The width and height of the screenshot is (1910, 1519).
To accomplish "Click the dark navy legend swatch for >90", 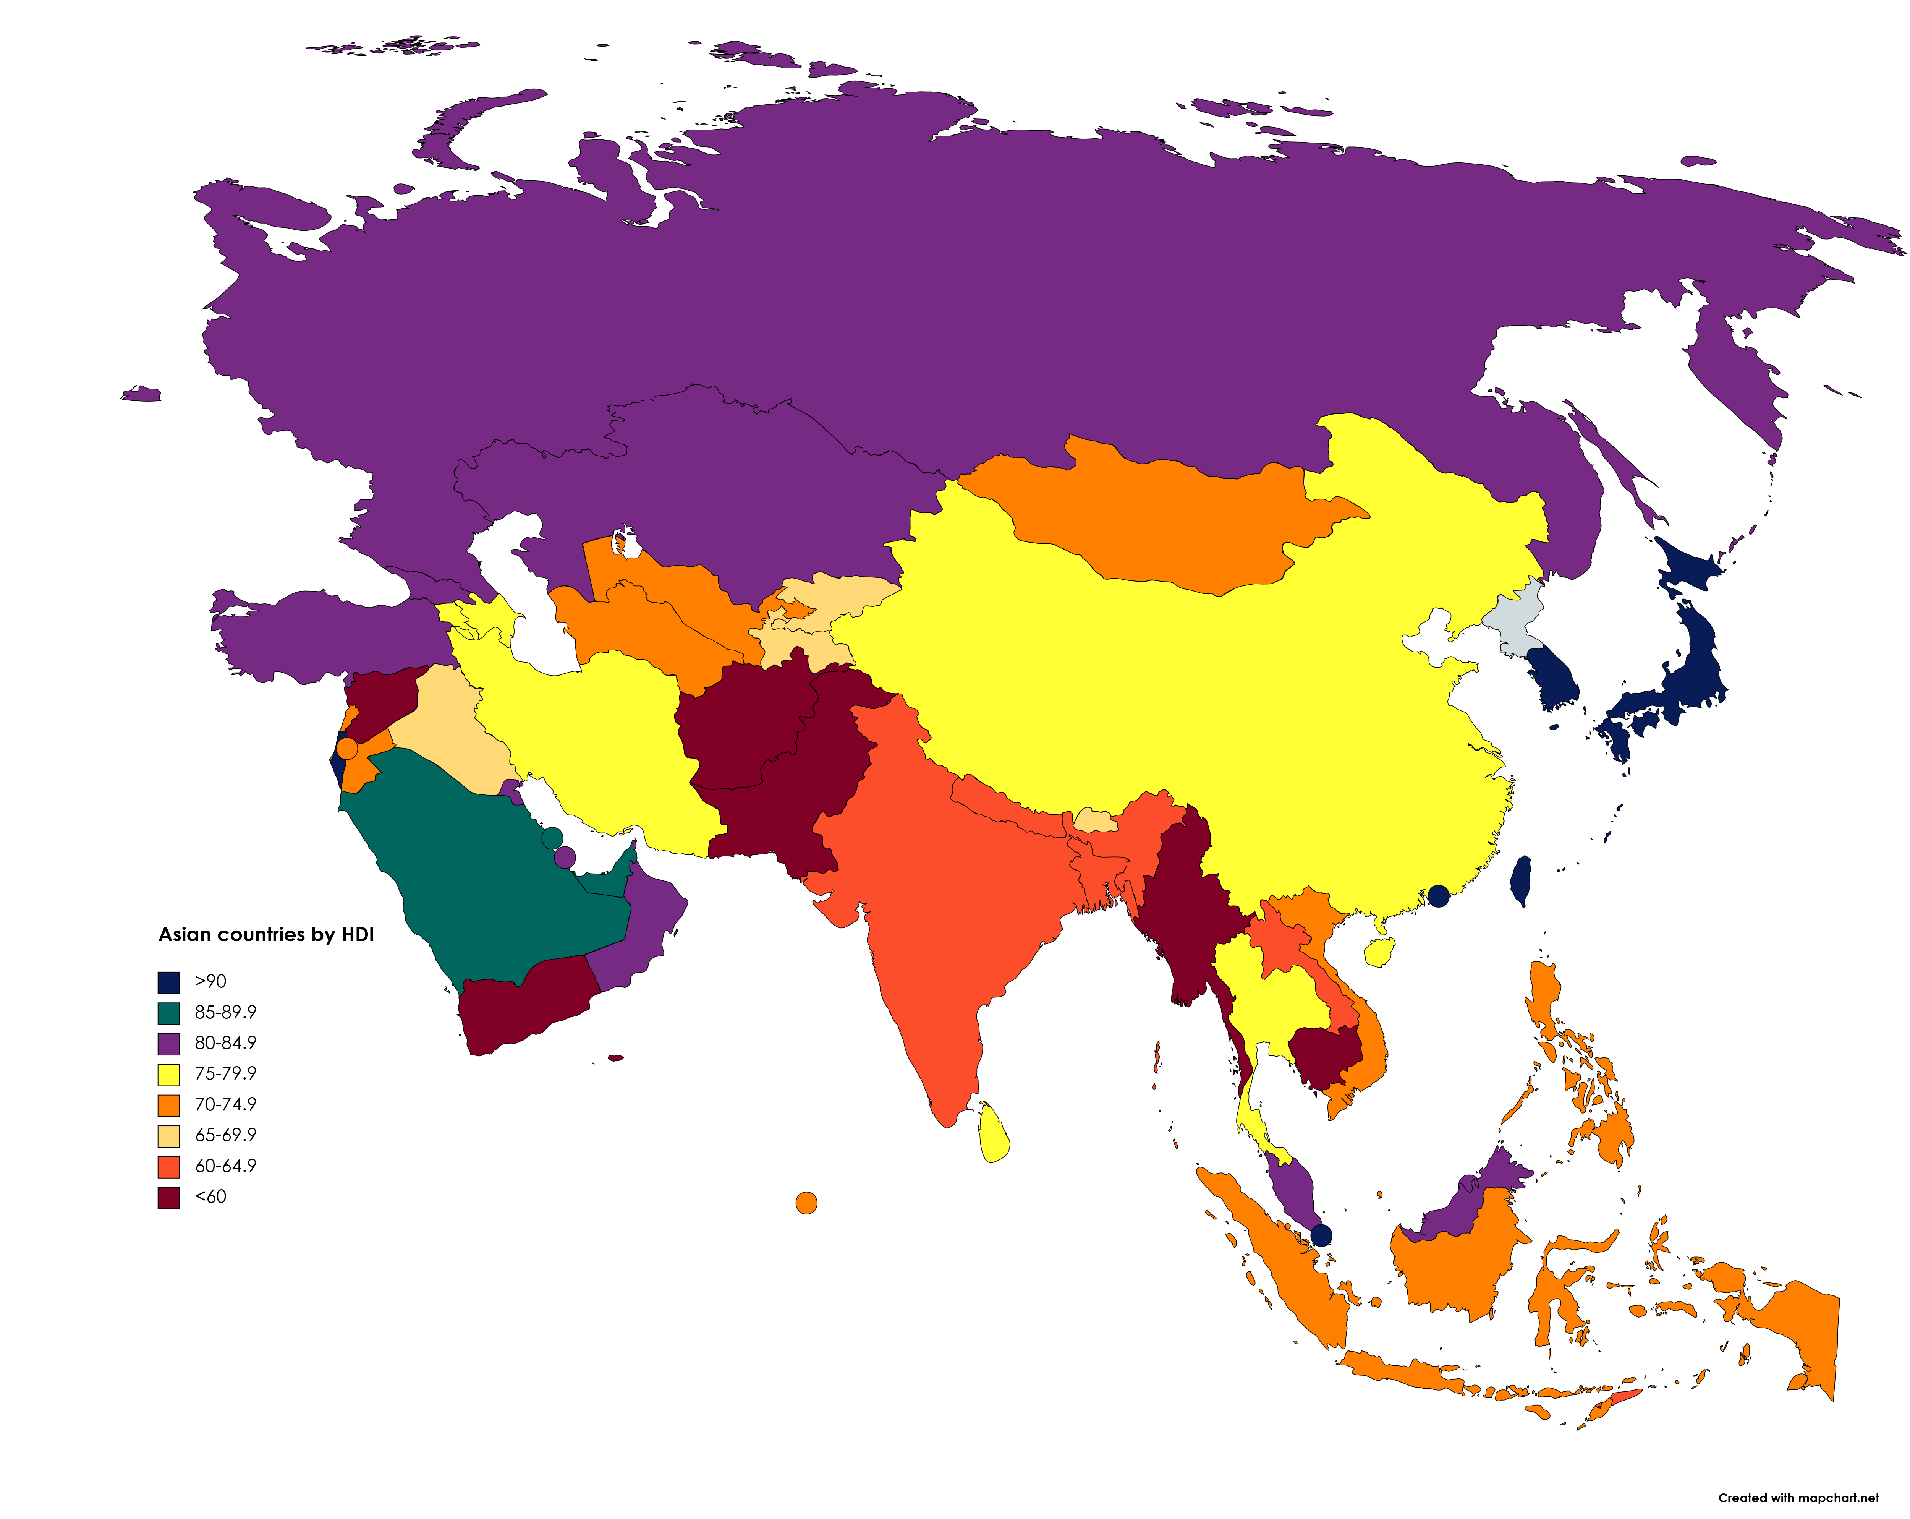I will [168, 982].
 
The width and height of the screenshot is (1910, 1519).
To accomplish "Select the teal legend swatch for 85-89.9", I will [168, 1013].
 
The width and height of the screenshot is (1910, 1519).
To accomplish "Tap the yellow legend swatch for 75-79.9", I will [168, 1074].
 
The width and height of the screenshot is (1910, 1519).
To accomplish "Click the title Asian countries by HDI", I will [266, 935].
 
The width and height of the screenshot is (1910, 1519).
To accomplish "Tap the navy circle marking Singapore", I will [1321, 1235].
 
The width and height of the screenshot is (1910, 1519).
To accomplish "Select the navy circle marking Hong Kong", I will [1439, 896].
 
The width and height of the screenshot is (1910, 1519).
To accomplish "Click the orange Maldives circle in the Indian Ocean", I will [806, 1203].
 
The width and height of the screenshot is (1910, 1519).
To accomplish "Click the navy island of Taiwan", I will [1520, 880].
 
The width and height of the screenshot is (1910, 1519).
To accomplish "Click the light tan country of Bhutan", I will [1096, 820].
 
